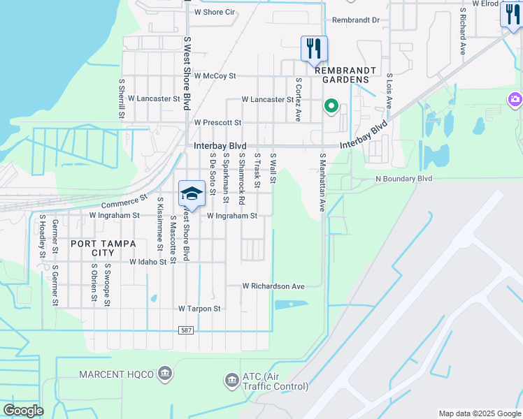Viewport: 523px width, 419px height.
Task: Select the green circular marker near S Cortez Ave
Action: (331, 106)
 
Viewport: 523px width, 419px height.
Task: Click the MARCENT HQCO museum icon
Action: (165, 374)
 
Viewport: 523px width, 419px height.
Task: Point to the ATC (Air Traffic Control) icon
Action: (231, 381)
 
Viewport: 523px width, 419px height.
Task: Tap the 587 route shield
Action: (185, 330)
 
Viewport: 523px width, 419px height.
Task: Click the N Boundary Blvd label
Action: (403, 179)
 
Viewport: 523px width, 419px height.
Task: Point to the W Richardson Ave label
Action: (273, 286)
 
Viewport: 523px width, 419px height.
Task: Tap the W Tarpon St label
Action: (199, 308)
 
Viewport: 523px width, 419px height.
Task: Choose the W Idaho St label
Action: (148, 262)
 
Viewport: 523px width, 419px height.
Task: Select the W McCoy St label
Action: (215, 75)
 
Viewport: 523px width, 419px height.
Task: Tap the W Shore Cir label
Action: (214, 12)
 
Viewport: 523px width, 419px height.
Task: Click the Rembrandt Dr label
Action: (355, 20)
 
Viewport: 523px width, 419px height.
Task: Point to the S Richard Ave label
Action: (462, 31)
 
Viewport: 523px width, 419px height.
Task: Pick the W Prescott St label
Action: (217, 122)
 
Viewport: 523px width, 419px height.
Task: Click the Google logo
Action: (24, 411)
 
